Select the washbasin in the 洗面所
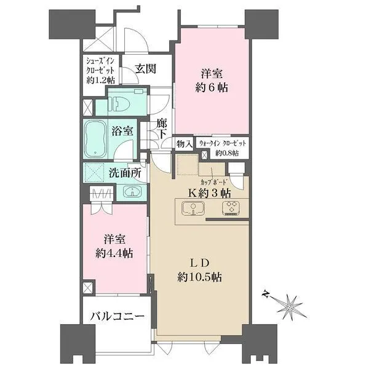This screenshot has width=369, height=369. tap(133, 191)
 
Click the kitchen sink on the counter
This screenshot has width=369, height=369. tap(193, 208)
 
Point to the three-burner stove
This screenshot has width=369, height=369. tap(231, 208)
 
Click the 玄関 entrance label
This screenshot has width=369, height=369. tap(146, 69)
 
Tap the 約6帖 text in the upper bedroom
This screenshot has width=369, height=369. tap(212, 88)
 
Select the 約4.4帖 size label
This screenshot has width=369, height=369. tap(114, 253)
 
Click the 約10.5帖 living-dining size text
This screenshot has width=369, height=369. tap(199, 277)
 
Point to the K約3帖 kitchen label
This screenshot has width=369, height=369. tap(208, 193)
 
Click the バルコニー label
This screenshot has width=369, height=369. tap(117, 317)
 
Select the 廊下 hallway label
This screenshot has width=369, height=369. tap(162, 129)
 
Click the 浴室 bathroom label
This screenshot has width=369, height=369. tap(122, 131)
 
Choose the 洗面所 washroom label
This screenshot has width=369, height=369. tap(125, 173)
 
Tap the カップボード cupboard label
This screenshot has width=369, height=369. tap(214, 182)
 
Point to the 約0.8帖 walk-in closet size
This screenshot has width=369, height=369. tap(227, 153)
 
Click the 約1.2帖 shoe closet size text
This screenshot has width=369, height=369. tap(100, 81)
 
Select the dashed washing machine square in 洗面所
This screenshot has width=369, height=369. tap(93, 173)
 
